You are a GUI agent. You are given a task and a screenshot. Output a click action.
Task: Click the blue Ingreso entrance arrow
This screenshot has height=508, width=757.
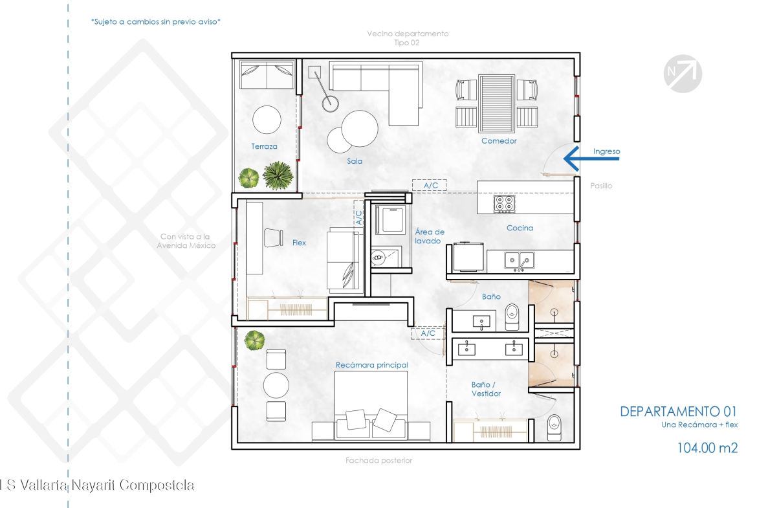(591, 158)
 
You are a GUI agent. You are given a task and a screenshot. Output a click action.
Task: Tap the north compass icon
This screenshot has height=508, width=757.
(683, 73)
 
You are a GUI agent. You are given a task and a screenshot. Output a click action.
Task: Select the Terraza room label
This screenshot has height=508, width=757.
(264, 146)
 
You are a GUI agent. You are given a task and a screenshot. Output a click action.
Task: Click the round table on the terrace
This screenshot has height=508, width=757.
(267, 119)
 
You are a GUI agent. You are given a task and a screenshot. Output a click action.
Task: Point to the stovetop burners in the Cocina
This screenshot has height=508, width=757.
(505, 204)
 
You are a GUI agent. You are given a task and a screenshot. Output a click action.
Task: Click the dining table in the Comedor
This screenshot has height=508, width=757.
(496, 103)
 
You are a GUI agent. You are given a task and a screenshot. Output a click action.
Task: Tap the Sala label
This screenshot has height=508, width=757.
(355, 161)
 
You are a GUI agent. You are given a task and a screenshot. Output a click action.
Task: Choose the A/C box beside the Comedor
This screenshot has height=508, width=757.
(429, 186)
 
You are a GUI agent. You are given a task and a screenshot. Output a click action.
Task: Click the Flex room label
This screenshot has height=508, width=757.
(299, 243)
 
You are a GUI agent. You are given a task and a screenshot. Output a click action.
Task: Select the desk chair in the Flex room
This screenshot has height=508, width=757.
(273, 237)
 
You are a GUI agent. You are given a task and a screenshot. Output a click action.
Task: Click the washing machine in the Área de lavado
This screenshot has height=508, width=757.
(391, 220)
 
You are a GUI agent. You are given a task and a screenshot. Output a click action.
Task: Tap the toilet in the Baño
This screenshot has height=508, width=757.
(512, 317)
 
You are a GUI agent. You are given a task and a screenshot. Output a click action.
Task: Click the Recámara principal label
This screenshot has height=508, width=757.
(372, 365)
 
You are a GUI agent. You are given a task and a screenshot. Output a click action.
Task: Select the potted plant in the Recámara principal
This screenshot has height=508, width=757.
(254, 340)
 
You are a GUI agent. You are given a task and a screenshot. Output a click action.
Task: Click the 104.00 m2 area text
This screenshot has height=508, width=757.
(707, 448)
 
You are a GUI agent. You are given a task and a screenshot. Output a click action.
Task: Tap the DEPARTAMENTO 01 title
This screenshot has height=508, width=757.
(678, 412)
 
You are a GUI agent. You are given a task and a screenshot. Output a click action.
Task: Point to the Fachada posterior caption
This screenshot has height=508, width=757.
(379, 461)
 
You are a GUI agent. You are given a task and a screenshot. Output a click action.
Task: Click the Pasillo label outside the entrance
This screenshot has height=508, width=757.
(601, 186)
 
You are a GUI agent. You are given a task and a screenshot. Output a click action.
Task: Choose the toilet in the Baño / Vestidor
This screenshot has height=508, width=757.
(554, 428)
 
